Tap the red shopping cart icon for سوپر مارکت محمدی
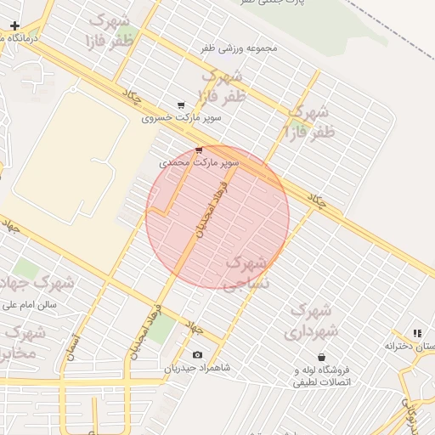pyautogui.click(x=199, y=150)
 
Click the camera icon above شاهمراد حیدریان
pyautogui.click(x=198, y=354)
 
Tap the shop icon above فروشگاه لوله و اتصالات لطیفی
pyautogui.click(x=321, y=358)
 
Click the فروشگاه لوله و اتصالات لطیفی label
pyautogui.click(x=322, y=376)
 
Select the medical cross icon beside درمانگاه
pyautogui.click(x=14, y=26)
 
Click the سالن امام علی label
pyautogui.click(x=28, y=303)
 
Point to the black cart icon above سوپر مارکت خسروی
pyautogui.click(x=181, y=105)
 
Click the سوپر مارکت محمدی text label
pyautogui.click(x=200, y=161)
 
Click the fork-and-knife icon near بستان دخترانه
pyautogui.click(x=416, y=334)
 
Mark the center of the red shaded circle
pyautogui.click(x=217, y=217)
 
